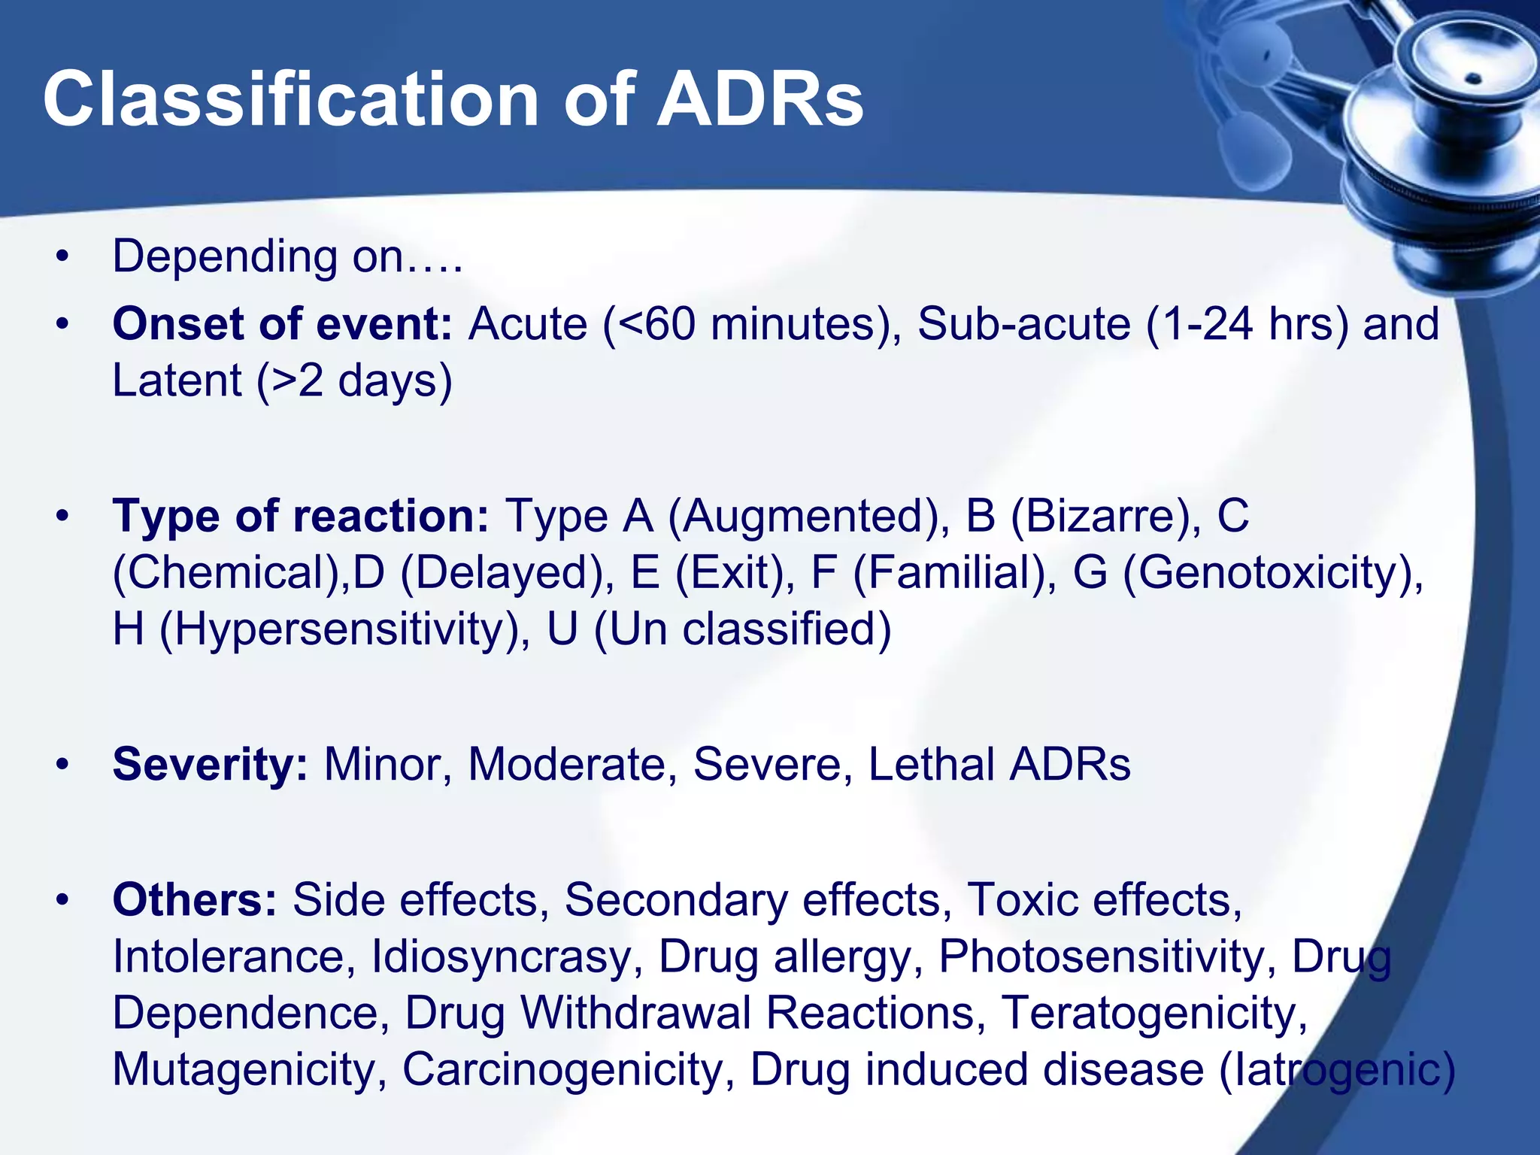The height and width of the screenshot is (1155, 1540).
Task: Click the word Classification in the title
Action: tap(290, 100)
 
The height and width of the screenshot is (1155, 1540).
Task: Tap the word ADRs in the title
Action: tap(759, 100)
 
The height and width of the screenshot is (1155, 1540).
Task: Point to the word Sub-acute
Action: tap(1023, 325)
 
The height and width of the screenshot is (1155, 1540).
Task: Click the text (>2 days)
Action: tap(354, 380)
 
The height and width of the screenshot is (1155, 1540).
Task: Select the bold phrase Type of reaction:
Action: tap(301, 517)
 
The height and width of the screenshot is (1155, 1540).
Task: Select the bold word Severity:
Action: tap(210, 765)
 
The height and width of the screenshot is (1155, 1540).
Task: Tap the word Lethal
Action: tap(931, 765)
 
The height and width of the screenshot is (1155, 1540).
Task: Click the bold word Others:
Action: tap(195, 900)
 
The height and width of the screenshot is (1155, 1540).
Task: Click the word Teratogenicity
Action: tap(1155, 1013)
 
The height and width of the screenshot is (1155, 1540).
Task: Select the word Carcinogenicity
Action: tap(568, 1069)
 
